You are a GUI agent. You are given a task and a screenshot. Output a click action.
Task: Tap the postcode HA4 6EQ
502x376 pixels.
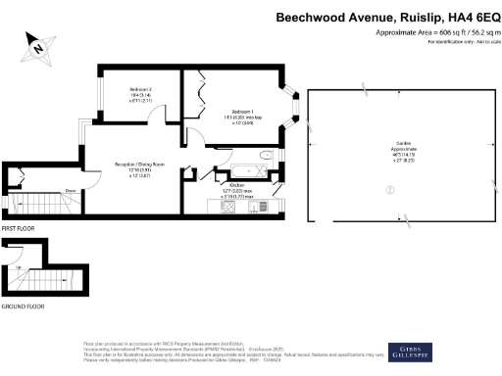[x=469, y=17]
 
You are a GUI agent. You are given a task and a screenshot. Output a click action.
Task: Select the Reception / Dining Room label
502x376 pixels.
[x=137, y=164]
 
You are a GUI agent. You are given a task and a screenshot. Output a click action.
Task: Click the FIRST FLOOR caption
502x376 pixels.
[x=21, y=227]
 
